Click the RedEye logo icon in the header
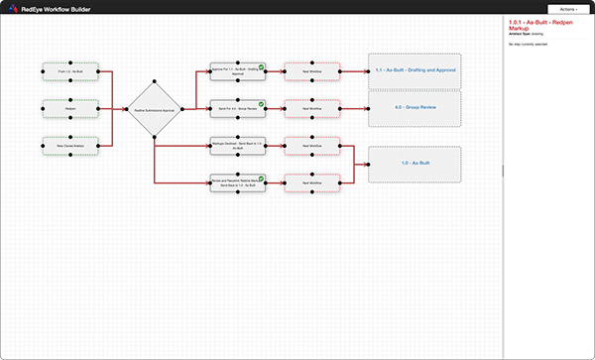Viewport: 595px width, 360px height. click(12, 8)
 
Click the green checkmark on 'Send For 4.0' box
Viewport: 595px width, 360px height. click(260, 103)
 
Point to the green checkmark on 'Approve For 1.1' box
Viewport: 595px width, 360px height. click(260, 65)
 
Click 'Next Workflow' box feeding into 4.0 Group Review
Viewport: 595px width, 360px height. click(312, 109)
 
